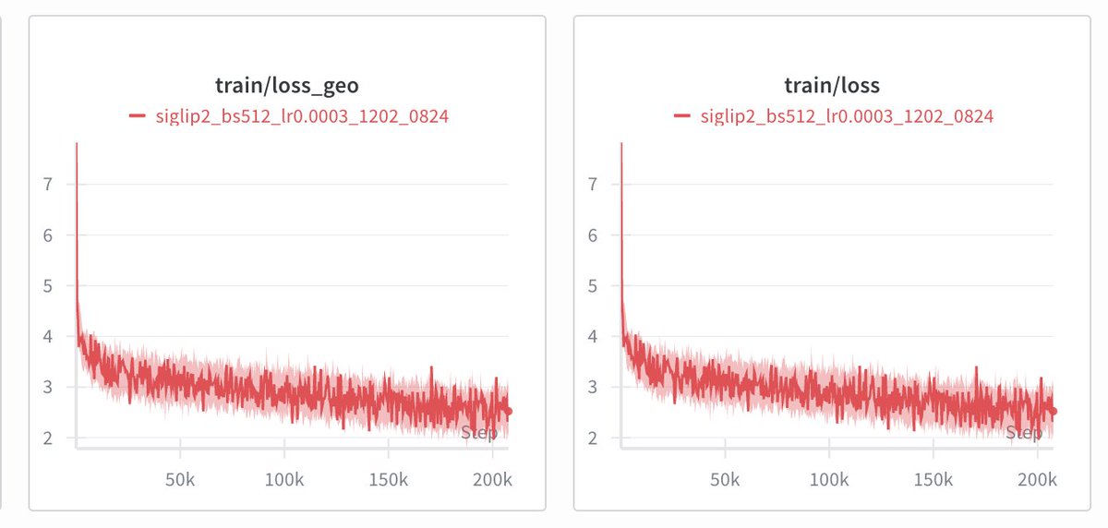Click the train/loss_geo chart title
[x=287, y=86]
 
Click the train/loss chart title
[x=832, y=86]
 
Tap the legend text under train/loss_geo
[x=301, y=116]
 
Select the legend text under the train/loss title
[x=847, y=116]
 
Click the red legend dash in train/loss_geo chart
[x=137, y=116]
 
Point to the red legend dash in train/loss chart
[x=682, y=116]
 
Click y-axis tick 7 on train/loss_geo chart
[x=49, y=184]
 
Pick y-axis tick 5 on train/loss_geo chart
[x=49, y=285]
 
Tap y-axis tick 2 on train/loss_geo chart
[x=49, y=438]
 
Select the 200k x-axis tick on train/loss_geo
[x=492, y=481]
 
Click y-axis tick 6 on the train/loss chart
[x=594, y=234]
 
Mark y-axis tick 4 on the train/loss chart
[x=594, y=336]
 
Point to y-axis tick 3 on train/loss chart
[x=594, y=387]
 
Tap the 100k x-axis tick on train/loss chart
[x=829, y=481]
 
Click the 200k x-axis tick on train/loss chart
[x=1037, y=481]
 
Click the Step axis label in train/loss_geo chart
[x=478, y=433]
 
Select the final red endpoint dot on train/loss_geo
[x=508, y=412]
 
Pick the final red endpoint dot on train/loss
[x=1053, y=412]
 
